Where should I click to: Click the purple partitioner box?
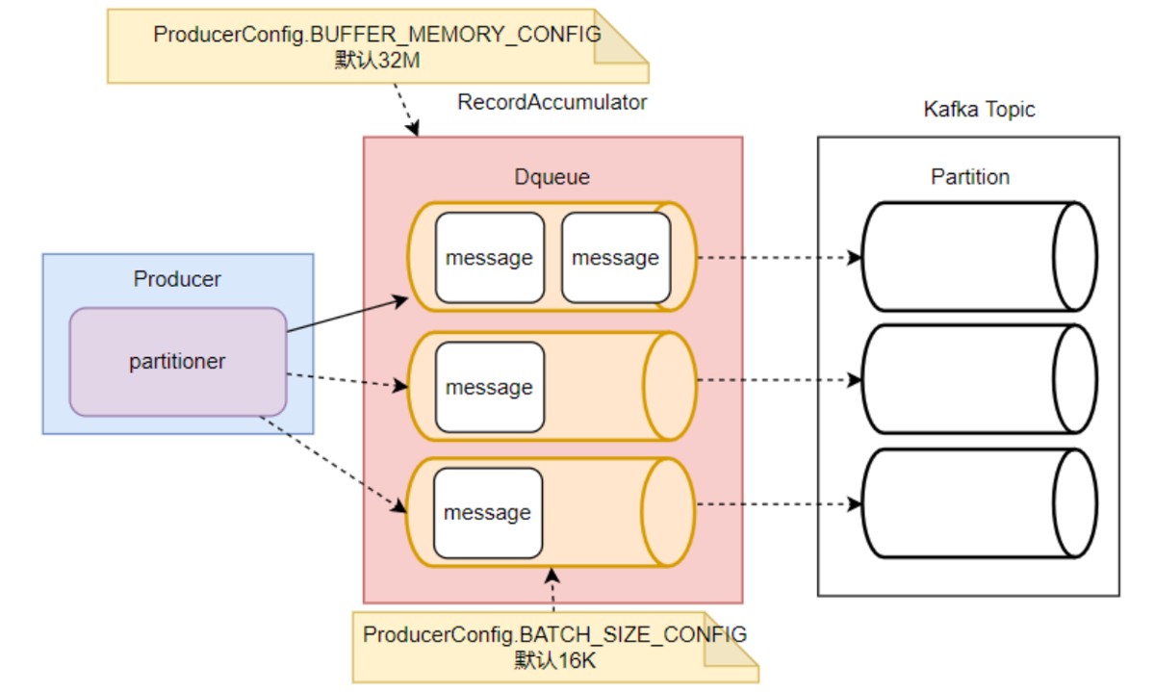click(x=178, y=362)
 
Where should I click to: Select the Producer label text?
click(x=177, y=280)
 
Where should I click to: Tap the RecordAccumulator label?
click(x=552, y=102)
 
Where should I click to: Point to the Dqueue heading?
click(x=552, y=177)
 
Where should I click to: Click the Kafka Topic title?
click(x=979, y=109)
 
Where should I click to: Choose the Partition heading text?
click(x=970, y=177)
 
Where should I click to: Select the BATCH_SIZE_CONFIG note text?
click(x=554, y=635)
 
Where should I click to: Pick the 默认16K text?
click(x=554, y=660)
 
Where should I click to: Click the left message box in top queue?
click(x=489, y=258)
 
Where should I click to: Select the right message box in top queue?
click(x=615, y=258)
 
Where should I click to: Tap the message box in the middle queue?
click(x=489, y=387)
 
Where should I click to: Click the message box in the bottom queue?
click(x=487, y=513)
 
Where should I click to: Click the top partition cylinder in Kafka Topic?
click(x=978, y=257)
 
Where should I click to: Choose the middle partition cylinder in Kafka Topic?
click(x=978, y=380)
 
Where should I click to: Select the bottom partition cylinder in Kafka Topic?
click(x=978, y=503)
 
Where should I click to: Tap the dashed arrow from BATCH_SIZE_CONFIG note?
click(x=552, y=589)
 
